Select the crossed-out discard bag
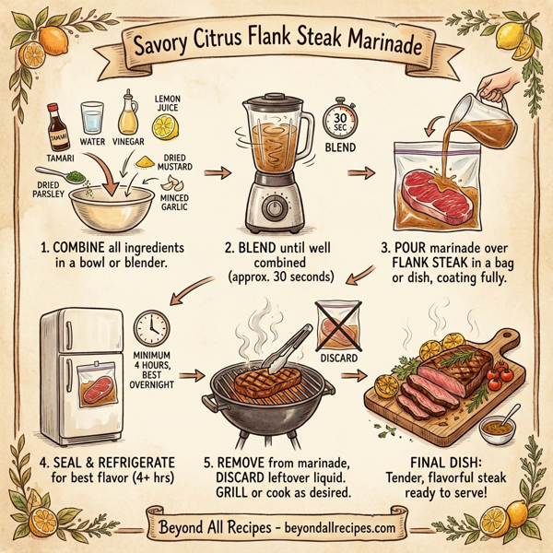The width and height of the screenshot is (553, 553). tap(334, 325)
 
